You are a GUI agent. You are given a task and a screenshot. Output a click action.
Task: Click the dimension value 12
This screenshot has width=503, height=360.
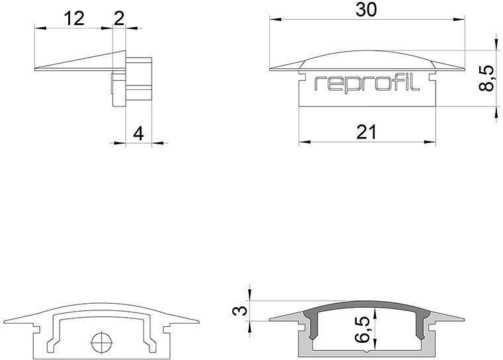pyautogui.click(x=74, y=19)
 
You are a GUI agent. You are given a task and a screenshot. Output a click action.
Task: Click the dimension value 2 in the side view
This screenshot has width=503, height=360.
pyautogui.click(x=119, y=19)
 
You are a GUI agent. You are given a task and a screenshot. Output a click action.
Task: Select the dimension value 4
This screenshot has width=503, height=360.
pyautogui.click(x=138, y=133)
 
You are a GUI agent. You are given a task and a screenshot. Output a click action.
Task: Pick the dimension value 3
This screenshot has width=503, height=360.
pyautogui.click(x=243, y=310)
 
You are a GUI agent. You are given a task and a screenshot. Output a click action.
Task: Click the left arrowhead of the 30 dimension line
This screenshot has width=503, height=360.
pyautogui.click(x=273, y=19)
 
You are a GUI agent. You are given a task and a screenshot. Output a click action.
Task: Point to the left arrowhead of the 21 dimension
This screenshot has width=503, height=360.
pyautogui.click(x=302, y=142)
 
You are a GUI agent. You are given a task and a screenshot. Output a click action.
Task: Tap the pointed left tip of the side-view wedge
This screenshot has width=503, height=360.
pyautogui.click(x=34, y=67)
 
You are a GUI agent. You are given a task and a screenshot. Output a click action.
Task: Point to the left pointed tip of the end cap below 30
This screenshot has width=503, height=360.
pyautogui.click(x=271, y=69)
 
